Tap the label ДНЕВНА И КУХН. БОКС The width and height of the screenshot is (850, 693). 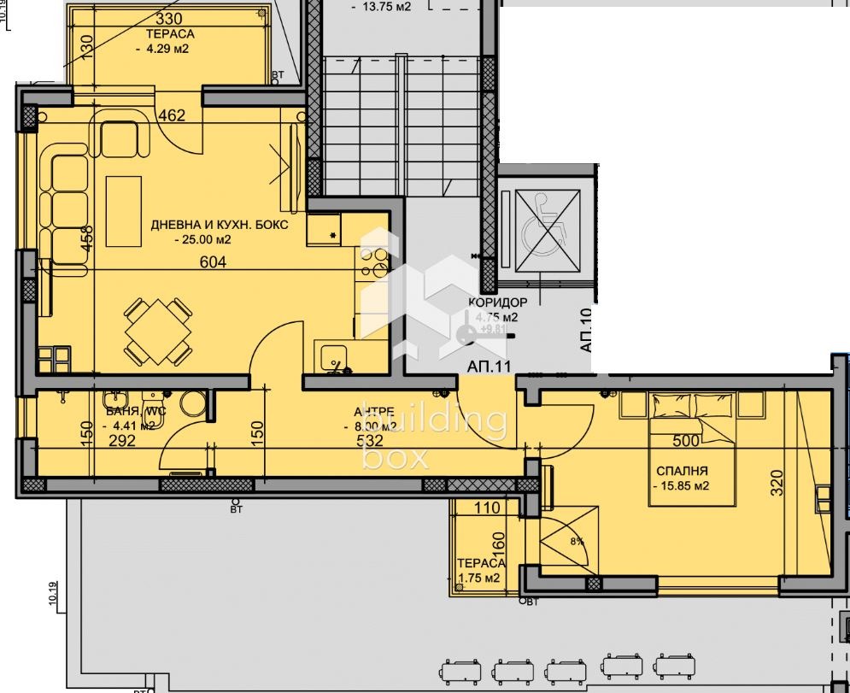pyautogui.click(x=220, y=225)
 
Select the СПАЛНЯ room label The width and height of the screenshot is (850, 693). pyautogui.click(x=682, y=471)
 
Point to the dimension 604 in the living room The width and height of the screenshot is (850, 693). pyautogui.click(x=213, y=262)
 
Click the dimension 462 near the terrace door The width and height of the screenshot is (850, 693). pyautogui.click(x=172, y=116)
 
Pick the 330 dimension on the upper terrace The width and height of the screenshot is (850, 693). pyautogui.click(x=168, y=19)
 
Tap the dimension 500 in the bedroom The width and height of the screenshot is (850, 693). pyautogui.click(x=687, y=442)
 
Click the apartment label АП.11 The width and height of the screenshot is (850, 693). pyautogui.click(x=489, y=366)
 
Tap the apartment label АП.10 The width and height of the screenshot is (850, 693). pyautogui.click(x=586, y=332)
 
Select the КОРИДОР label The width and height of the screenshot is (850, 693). pyautogui.click(x=497, y=302)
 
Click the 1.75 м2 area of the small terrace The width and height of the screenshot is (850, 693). pyautogui.click(x=478, y=578)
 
